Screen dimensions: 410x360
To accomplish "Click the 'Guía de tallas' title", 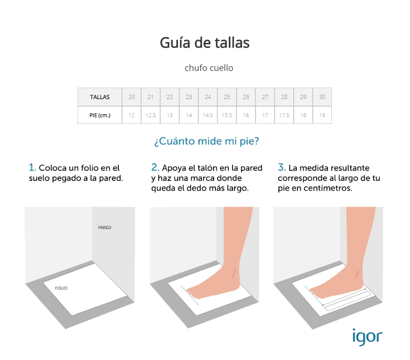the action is point(205,43).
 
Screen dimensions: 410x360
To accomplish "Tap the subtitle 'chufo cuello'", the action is point(209,68).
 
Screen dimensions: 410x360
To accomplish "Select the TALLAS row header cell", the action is point(100,97).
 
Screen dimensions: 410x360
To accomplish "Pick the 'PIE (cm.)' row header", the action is point(100,115).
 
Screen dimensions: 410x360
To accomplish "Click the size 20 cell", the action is point(132,97).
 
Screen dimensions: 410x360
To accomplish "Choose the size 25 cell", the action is point(227,97).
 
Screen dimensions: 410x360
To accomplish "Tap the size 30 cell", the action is point(322,97).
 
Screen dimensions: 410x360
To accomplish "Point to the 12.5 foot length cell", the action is point(151,115).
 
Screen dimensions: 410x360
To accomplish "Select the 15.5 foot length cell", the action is point(227,115).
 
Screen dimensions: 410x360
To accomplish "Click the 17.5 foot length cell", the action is point(284,115).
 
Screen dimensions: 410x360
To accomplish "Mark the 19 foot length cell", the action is point(322,115).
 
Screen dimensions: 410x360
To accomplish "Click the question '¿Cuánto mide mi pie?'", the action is point(206,141).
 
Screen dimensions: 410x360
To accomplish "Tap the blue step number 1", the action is point(32,167).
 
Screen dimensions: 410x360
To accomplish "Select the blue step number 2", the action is point(155,167).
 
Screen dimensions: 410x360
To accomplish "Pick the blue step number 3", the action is point(282,167).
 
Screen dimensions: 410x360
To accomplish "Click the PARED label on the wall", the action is point(104,228).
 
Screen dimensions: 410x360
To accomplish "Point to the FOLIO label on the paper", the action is point(61,288).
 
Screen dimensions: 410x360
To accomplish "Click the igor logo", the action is point(368,337).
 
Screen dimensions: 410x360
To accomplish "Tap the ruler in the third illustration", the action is point(348,301).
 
